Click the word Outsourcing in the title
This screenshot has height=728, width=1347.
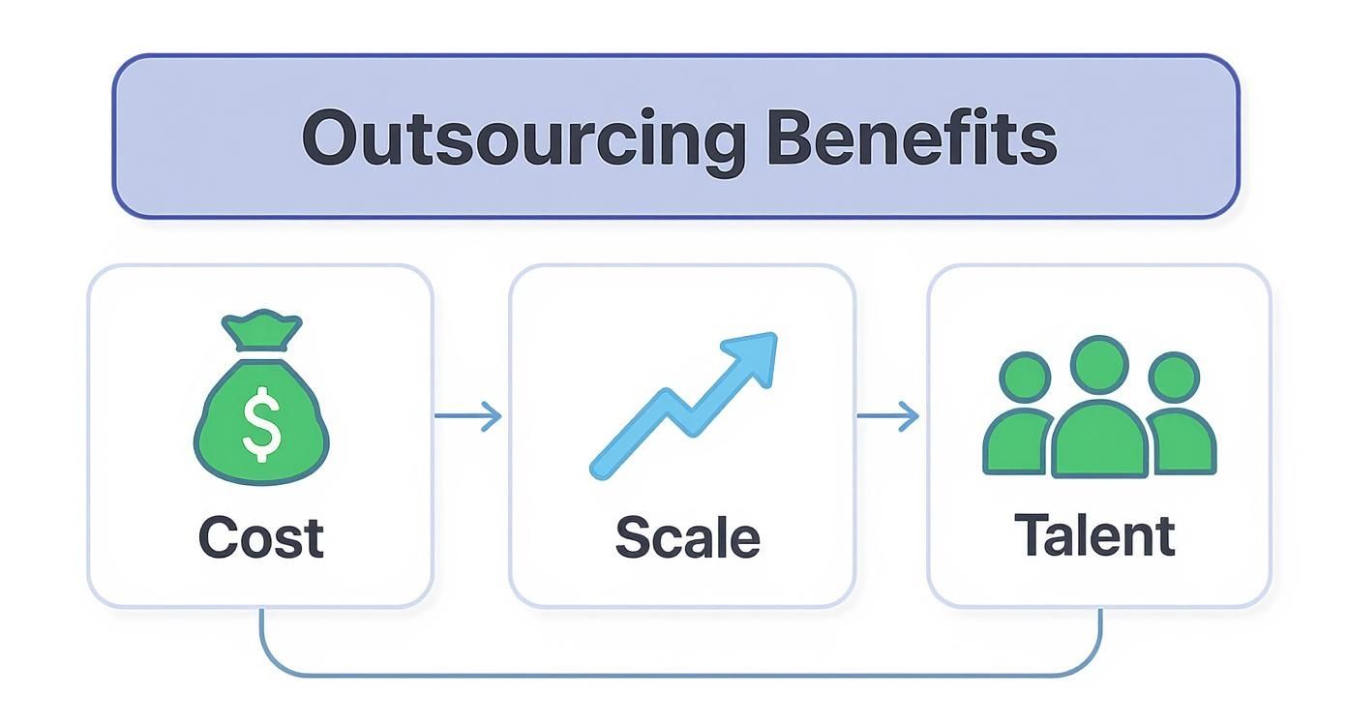pyautogui.click(x=524, y=138)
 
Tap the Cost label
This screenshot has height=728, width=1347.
pyautogui.click(x=261, y=537)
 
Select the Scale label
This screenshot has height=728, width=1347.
pyautogui.click(x=687, y=537)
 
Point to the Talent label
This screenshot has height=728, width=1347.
pyautogui.click(x=1094, y=535)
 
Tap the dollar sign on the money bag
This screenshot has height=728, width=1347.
pyautogui.click(x=261, y=424)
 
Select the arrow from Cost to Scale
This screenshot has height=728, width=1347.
pyautogui.click(x=468, y=416)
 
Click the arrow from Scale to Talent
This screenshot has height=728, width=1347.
pyautogui.click(x=888, y=416)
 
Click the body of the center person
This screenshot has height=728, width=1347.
pyautogui.click(x=1099, y=440)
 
